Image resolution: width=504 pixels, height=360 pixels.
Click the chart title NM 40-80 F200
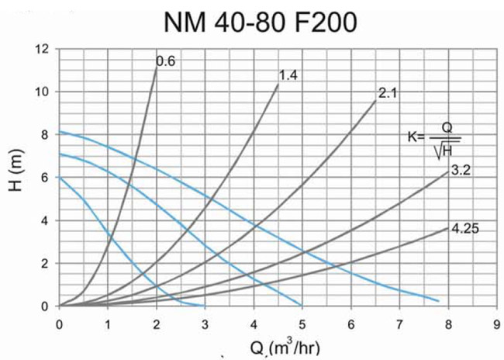[x=260, y=22]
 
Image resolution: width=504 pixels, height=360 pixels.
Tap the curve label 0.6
[x=164, y=61]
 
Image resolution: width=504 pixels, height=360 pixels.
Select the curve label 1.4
[x=288, y=75]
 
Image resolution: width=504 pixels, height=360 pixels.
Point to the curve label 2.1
[x=387, y=94]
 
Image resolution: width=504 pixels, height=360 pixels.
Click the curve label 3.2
[x=461, y=171]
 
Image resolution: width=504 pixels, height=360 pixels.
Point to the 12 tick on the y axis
[x=43, y=49]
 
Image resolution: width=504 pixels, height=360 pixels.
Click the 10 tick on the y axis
[x=43, y=92]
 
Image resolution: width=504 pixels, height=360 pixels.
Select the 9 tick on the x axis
[x=496, y=319]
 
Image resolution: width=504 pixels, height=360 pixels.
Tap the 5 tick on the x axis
[x=302, y=319]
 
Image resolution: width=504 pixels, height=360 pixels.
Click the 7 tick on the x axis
[x=399, y=319]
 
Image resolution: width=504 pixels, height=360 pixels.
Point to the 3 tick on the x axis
[x=205, y=319]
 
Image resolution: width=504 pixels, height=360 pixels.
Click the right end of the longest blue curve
[x=438, y=301]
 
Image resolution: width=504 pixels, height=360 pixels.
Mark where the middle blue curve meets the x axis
[x=302, y=305]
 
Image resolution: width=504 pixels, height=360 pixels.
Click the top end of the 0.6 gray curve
[x=157, y=66]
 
